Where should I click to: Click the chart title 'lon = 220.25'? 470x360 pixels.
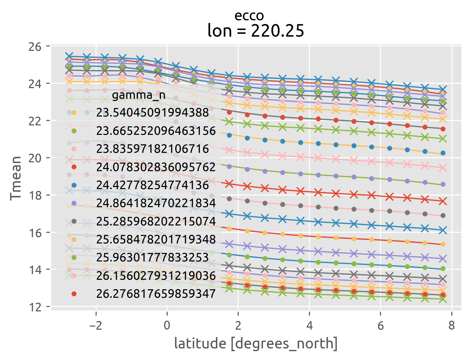coord(256,31)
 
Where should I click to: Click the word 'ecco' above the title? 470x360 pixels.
coord(249,15)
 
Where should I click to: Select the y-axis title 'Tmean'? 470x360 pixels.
coord(15,178)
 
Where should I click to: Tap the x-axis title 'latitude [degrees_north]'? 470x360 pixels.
coord(256,344)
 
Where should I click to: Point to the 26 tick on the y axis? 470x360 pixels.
coord(35,47)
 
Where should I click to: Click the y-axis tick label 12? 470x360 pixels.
coord(35,307)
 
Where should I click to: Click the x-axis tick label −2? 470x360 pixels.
coord(96,325)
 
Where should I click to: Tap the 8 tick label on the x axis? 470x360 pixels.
coord(451,325)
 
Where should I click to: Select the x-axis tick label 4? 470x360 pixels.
coord(309,325)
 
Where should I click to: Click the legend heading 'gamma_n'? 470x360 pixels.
coord(139,95)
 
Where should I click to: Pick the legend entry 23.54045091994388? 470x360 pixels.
coord(152,112)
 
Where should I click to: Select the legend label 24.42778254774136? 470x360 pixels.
coord(152,185)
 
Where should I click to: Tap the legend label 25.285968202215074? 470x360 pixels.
coord(156,221)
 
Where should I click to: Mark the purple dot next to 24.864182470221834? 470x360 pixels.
coord(74,203)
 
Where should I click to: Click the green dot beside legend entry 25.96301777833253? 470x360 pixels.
coord(74,258)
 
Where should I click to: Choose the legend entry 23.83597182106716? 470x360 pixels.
coord(152,149)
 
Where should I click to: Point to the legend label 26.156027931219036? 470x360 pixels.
coord(156,276)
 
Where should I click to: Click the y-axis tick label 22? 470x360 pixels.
coord(35,121)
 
